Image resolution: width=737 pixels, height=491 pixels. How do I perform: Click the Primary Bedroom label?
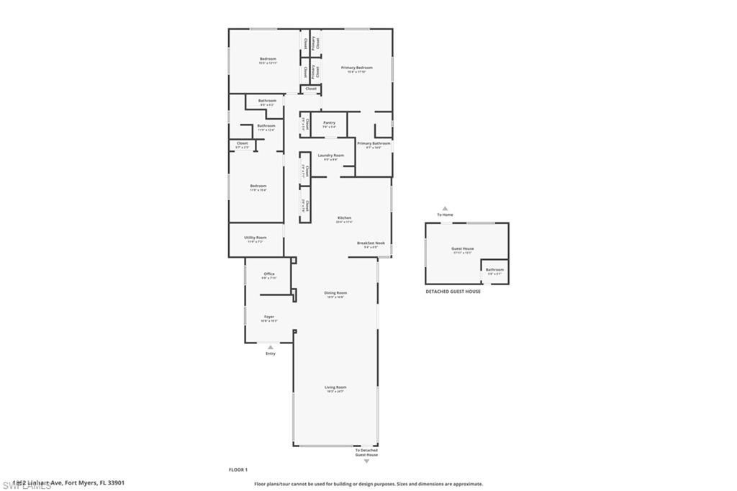click(x=356, y=68)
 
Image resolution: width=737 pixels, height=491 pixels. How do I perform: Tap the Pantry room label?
click(x=330, y=122)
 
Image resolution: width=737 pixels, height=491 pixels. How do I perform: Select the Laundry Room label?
click(x=331, y=155)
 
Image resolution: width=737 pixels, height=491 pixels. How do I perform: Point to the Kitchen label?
click(x=344, y=217)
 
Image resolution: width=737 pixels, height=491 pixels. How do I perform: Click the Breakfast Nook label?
click(x=371, y=243)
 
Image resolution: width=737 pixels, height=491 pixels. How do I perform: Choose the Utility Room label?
click(x=256, y=238)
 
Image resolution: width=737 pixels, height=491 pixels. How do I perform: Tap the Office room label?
click(x=269, y=274)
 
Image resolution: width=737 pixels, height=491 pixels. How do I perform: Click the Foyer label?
click(x=269, y=317)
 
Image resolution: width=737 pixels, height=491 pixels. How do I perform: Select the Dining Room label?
click(x=335, y=292)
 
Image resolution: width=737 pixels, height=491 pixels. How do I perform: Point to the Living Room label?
click(x=335, y=387)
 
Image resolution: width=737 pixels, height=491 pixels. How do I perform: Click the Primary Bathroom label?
click(x=374, y=143)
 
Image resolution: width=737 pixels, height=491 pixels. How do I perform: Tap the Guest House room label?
click(x=463, y=248)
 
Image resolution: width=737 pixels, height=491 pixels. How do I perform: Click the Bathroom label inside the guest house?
click(x=494, y=269)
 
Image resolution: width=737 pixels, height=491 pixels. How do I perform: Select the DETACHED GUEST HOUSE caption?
click(x=453, y=291)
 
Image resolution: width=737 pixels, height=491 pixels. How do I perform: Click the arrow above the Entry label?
click(x=271, y=347)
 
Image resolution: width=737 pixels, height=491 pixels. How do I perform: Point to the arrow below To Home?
click(x=445, y=209)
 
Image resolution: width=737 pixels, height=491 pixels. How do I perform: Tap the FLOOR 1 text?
click(x=238, y=469)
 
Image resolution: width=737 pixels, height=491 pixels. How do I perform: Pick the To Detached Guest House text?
click(x=366, y=452)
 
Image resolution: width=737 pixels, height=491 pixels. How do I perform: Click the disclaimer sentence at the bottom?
click(x=368, y=484)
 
